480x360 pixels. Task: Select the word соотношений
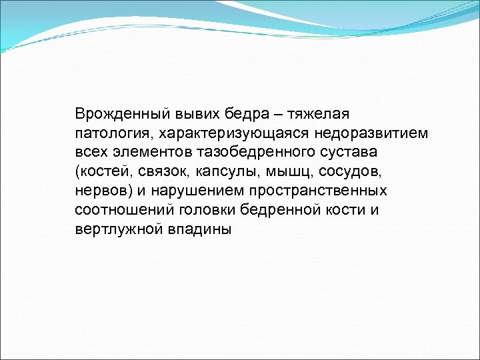point(125,211)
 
